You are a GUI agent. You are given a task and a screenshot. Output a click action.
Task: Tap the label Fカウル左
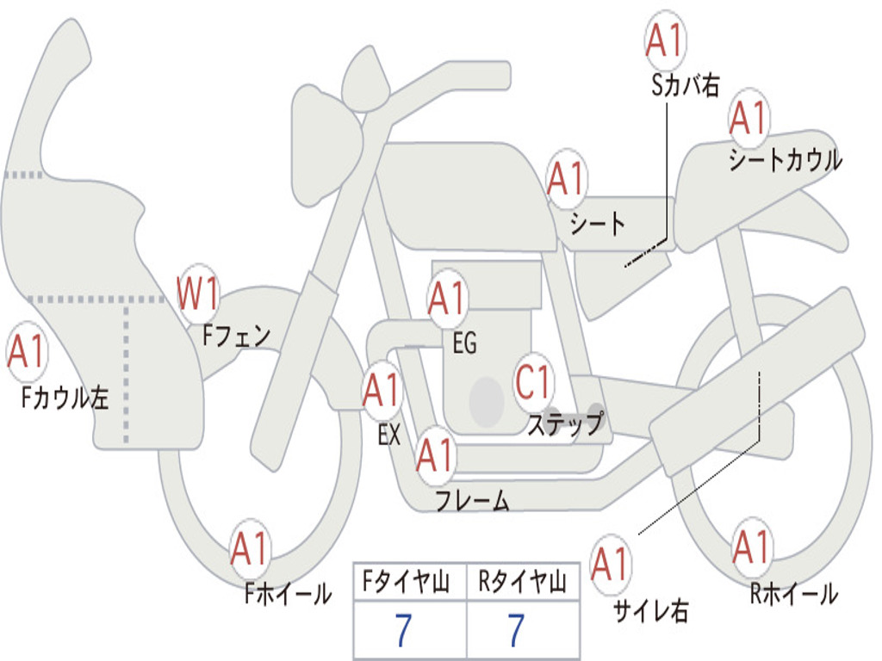tap(65, 397)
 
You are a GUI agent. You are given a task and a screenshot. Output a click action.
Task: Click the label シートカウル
tap(785, 160)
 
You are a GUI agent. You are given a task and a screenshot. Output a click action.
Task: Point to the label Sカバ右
tap(685, 85)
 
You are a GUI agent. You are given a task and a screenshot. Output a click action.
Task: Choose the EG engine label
tap(464, 343)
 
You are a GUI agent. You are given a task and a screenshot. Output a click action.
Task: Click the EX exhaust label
tap(388, 435)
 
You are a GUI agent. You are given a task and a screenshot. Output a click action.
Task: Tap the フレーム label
tap(472, 500)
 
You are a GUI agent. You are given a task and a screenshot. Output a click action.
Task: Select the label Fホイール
tap(288, 593)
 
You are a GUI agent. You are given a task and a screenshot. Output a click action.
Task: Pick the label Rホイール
tap(793, 593)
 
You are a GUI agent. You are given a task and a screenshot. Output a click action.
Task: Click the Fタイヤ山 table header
tap(409, 584)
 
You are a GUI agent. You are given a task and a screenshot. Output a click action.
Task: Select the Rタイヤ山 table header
tap(522, 584)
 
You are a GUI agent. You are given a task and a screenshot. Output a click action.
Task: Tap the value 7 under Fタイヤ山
tap(404, 631)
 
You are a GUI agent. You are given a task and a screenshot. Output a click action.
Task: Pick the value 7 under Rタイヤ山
tap(515, 631)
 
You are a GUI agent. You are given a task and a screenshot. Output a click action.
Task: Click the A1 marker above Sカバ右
tap(665, 41)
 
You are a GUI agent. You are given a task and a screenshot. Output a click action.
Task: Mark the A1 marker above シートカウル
tap(748, 119)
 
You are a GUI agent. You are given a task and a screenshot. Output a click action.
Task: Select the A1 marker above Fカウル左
tap(27, 353)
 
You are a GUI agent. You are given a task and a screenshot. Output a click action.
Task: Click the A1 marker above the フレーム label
tap(435, 455)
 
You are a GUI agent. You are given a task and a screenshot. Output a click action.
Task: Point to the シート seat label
tap(598, 224)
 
